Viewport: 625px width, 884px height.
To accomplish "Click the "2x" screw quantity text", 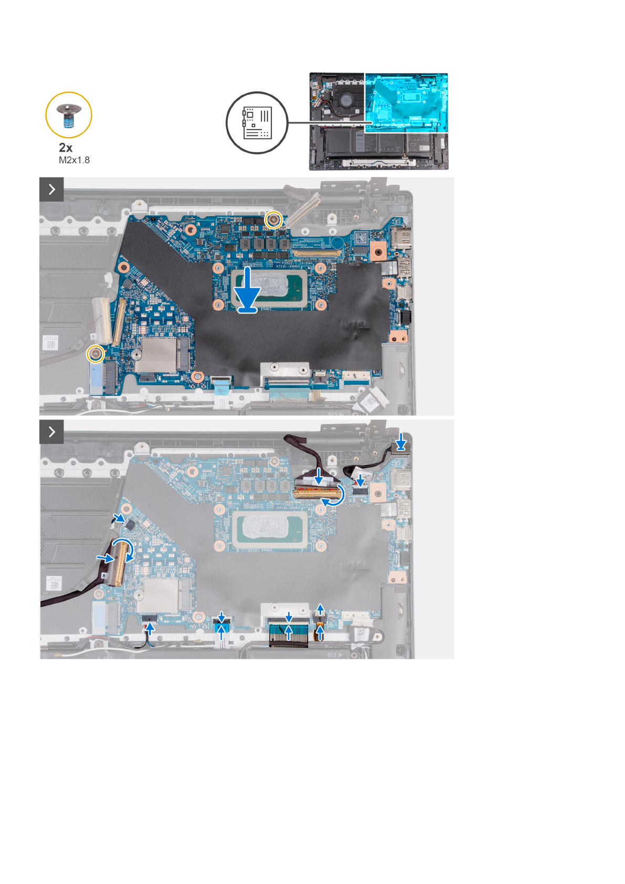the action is click(x=66, y=148).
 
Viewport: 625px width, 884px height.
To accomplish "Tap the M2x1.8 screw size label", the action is click(x=74, y=160).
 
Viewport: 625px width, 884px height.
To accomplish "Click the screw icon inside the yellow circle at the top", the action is click(x=68, y=115).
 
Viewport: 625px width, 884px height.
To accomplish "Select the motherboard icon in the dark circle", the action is click(x=257, y=123).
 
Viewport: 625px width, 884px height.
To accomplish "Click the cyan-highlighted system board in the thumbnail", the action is click(x=406, y=102).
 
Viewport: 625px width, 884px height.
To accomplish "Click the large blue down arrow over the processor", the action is click(x=247, y=290).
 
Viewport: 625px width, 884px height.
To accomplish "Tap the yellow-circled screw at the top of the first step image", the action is click(x=272, y=219).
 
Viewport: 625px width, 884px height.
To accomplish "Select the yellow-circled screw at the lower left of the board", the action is click(x=95, y=354).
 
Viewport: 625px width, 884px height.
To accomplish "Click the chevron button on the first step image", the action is click(x=51, y=189).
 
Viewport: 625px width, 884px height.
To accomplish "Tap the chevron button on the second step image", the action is click(x=51, y=432).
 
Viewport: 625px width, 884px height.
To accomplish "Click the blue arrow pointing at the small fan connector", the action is click(x=121, y=519).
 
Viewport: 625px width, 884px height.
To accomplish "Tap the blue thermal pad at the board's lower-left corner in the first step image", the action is click(x=97, y=378).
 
